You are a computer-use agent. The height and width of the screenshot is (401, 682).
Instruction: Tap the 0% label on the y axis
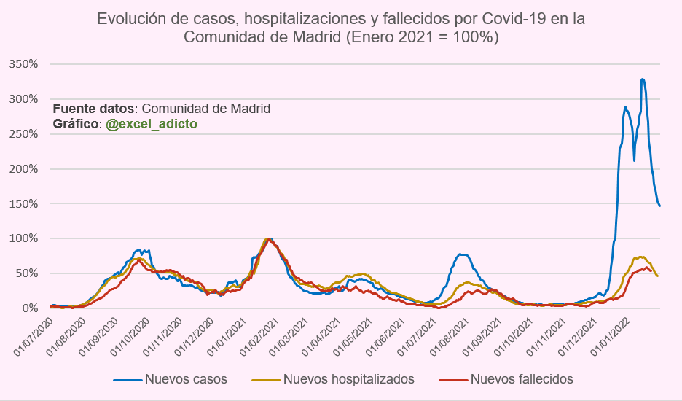click(x=31, y=308)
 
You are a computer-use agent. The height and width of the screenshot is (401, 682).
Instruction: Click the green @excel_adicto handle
click(x=152, y=124)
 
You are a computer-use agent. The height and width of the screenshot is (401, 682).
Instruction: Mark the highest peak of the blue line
click(x=642, y=79)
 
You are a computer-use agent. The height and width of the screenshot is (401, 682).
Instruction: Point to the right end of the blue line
click(x=659, y=206)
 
